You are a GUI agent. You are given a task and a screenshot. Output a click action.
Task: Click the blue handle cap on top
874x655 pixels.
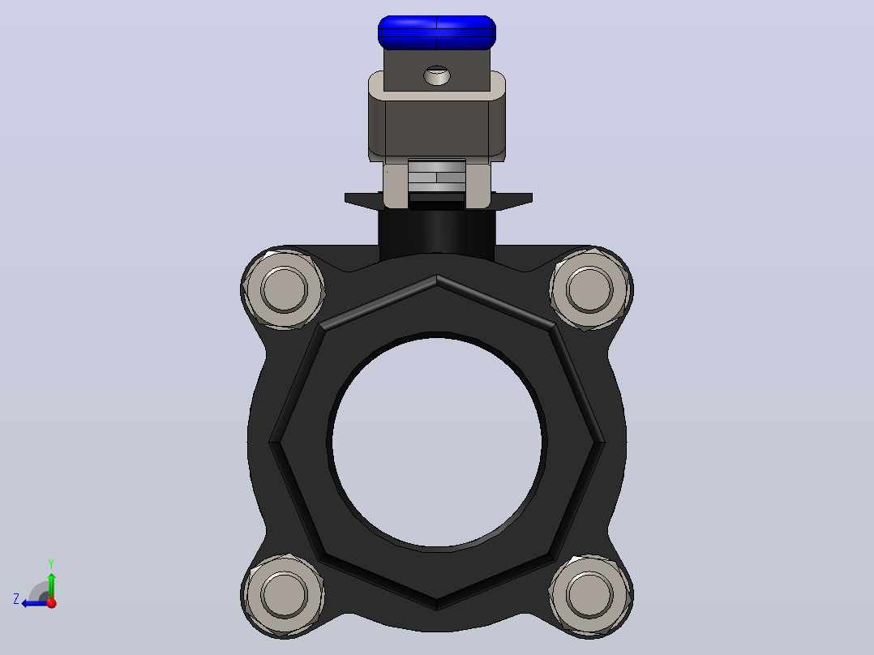point(436,32)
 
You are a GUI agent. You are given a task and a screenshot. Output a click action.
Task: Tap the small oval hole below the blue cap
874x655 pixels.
point(437,75)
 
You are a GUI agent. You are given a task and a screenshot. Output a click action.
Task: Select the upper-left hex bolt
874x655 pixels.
point(283,289)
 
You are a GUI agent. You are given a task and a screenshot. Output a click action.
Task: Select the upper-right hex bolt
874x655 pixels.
point(590,289)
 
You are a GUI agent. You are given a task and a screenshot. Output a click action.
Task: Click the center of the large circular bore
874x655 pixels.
point(436,442)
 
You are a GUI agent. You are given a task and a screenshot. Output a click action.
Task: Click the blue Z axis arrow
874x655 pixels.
point(35,603)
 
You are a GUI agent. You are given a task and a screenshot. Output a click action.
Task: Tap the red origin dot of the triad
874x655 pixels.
point(52,603)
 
